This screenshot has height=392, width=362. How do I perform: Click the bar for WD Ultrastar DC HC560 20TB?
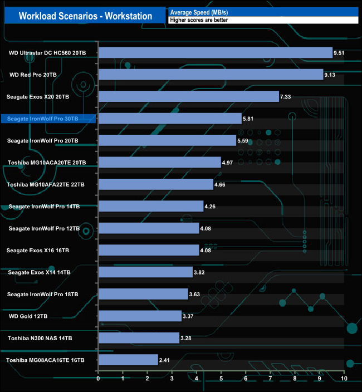pos(215,53)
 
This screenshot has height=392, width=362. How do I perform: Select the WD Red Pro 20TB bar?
pos(211,75)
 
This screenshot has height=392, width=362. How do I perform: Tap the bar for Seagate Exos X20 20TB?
pos(188,96)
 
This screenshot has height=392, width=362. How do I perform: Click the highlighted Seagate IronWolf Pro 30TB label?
pos(48,118)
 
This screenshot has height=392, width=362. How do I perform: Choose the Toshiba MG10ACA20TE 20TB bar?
pos(159,162)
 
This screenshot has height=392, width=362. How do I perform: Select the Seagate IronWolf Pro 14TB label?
pos(44,207)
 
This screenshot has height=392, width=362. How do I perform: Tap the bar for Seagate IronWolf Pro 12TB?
pos(148,228)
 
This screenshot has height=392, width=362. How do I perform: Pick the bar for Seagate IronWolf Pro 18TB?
pos(143,294)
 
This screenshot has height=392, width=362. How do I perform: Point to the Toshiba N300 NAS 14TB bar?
pos(139,338)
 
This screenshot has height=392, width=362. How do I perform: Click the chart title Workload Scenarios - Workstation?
pos(85,16)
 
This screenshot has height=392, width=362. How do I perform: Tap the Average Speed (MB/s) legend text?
pos(195,12)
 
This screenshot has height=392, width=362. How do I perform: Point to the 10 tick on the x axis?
pos(344,380)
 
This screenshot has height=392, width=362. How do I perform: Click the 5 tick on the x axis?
pos(221,380)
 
